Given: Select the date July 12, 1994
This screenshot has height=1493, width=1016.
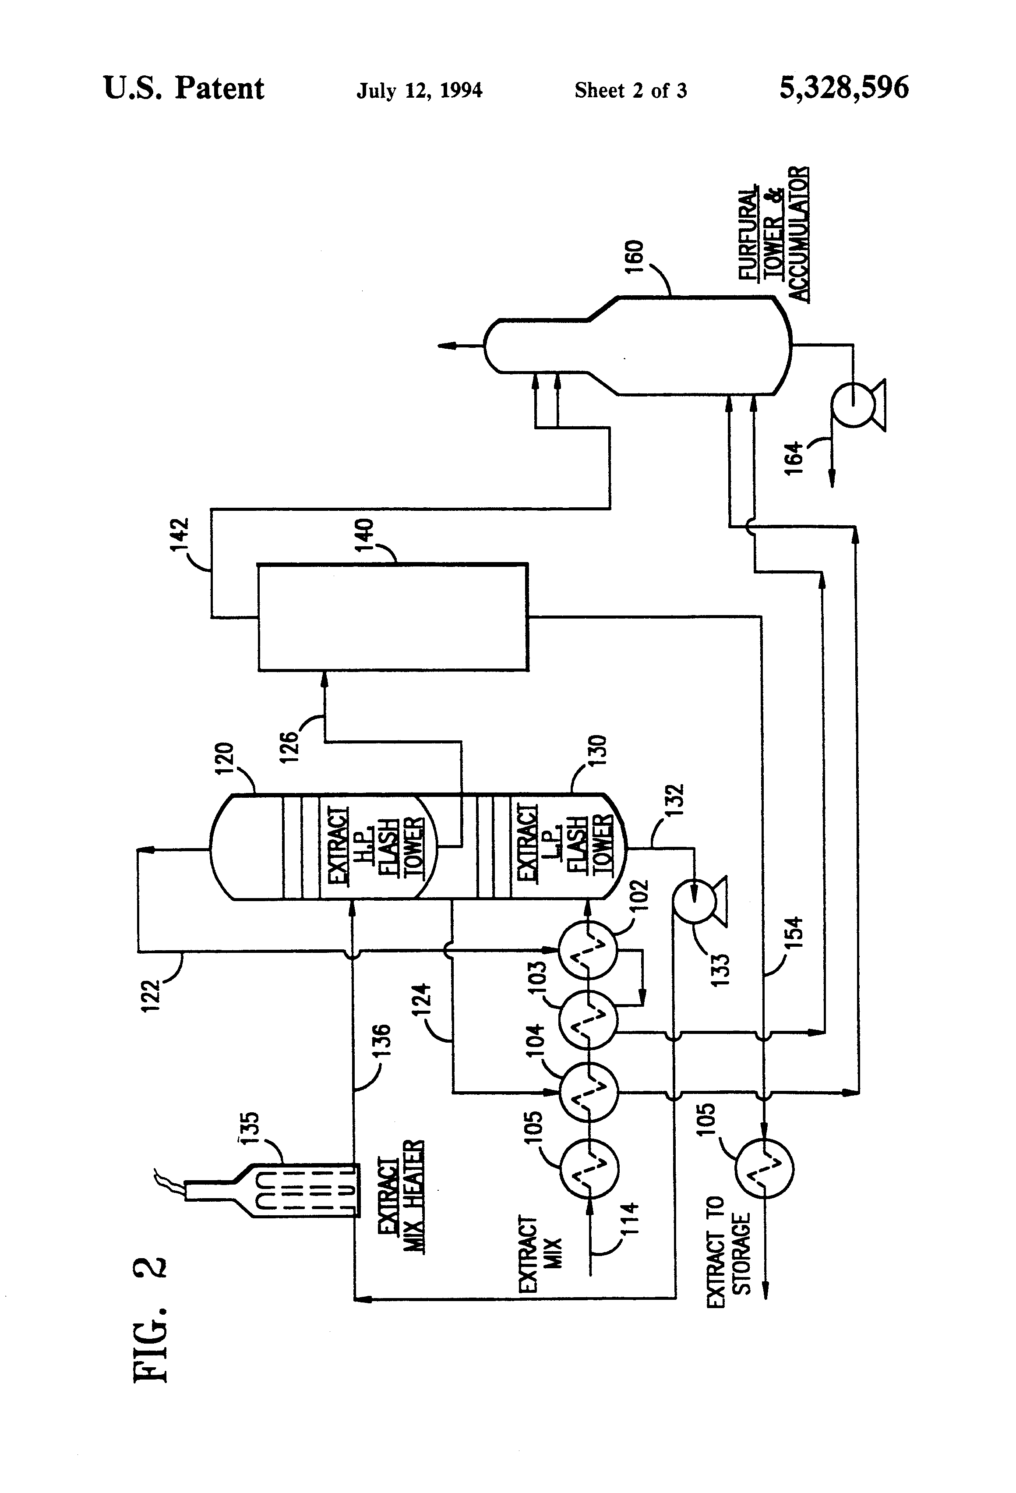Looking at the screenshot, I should pyautogui.click(x=420, y=90).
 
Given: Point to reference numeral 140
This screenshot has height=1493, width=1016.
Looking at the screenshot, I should pyautogui.click(x=364, y=534).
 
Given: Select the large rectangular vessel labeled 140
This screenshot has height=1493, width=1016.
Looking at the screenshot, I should pyautogui.click(x=393, y=617).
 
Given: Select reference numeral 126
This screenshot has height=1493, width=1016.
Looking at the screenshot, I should pyautogui.click(x=289, y=746).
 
